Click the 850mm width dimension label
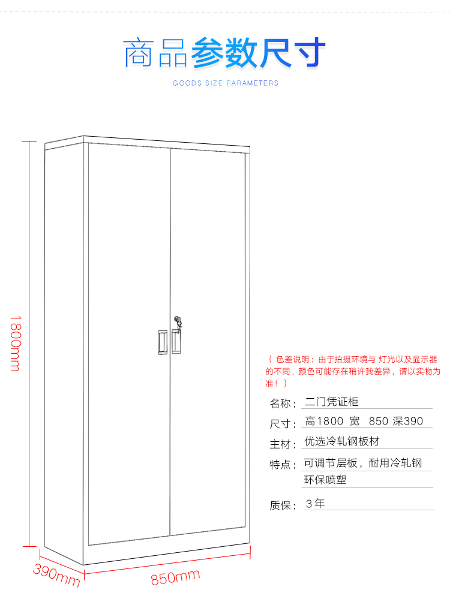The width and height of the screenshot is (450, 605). (175, 577)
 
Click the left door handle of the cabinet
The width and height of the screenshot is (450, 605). (162, 342)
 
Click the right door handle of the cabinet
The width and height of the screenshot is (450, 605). (176, 341)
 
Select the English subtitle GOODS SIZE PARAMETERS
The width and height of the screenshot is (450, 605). (226, 83)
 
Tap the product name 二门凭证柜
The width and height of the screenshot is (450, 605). (331, 402)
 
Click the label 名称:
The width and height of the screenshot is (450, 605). (283, 403)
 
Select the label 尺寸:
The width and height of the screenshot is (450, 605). (283, 424)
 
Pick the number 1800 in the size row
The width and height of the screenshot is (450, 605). (329, 421)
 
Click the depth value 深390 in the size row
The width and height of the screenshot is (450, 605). (408, 421)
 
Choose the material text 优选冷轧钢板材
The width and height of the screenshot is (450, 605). (342, 441)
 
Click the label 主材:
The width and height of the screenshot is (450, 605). (283, 444)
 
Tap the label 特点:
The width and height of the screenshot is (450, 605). (283, 465)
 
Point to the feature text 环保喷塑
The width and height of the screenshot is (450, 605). (325, 480)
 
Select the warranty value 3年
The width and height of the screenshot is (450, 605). (315, 504)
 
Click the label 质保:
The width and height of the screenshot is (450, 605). (283, 505)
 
